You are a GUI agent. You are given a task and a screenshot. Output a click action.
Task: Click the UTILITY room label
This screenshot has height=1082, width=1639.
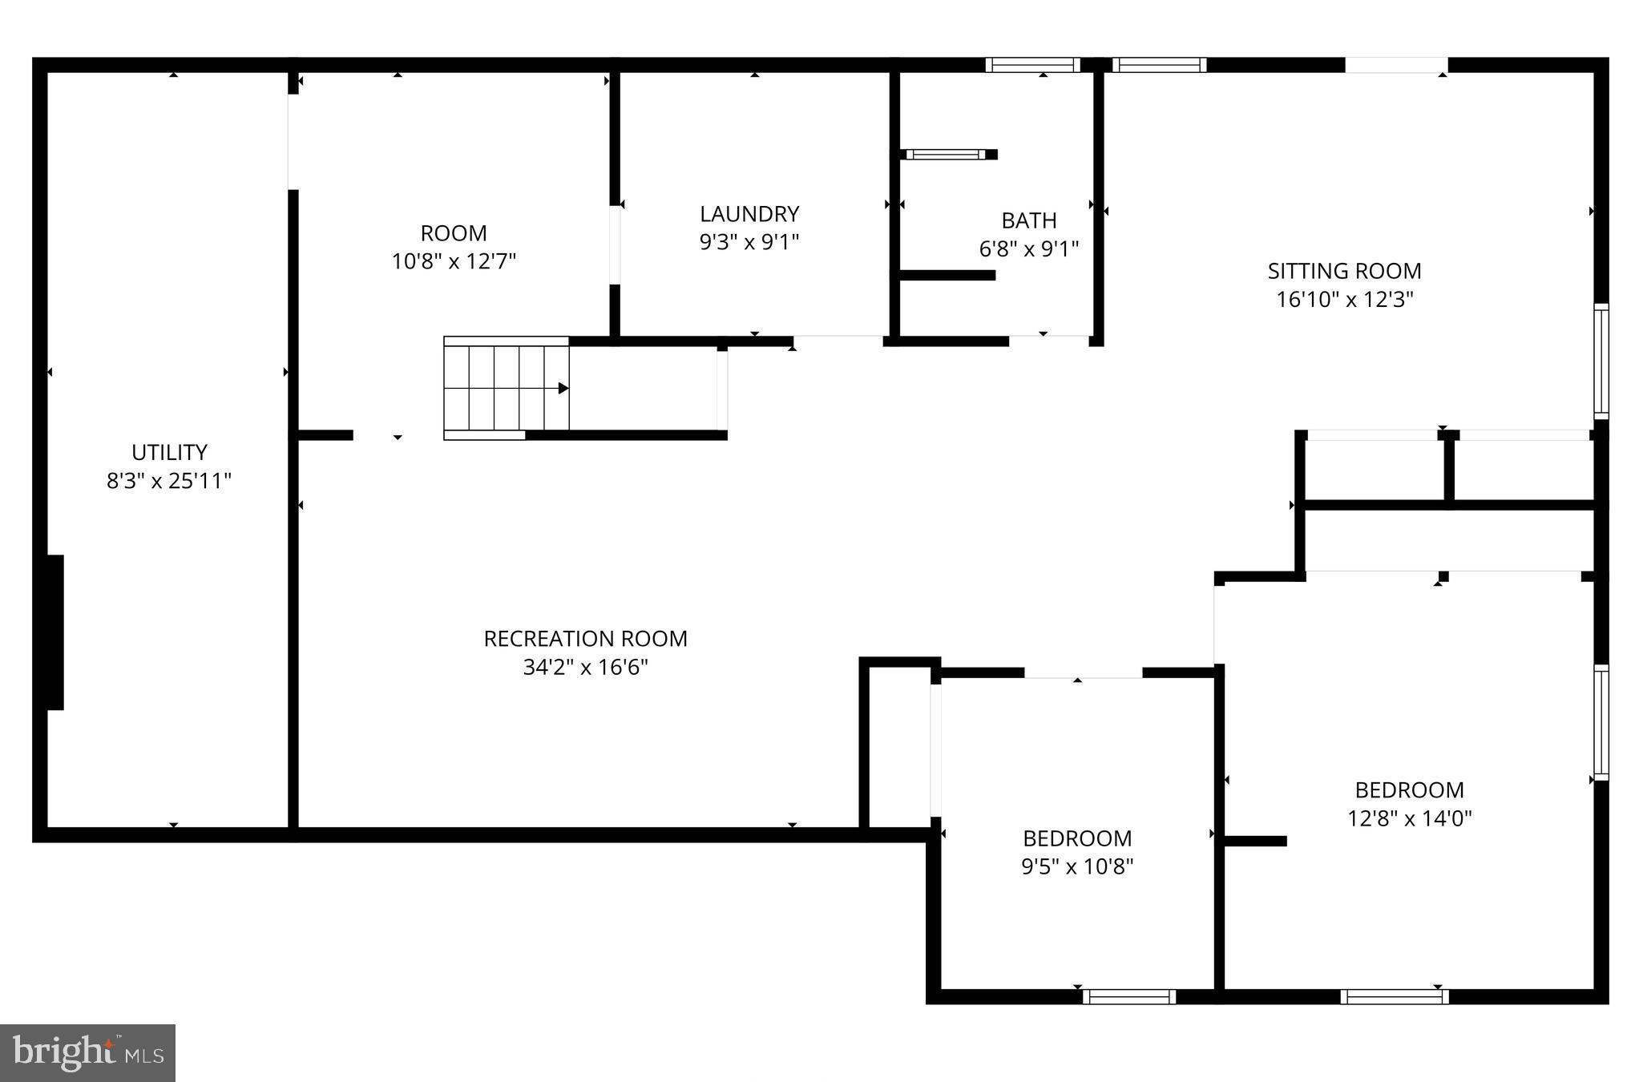(169, 452)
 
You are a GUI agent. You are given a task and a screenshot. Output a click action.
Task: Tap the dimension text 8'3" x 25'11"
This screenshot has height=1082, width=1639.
(169, 481)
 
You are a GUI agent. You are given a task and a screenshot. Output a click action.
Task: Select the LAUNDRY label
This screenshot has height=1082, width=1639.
(749, 214)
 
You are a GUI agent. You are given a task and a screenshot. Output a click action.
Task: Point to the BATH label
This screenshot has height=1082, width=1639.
(1029, 220)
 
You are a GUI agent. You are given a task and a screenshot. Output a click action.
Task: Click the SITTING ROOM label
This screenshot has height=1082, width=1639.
(1344, 271)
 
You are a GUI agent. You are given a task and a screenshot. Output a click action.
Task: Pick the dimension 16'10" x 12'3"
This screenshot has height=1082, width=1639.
(1344, 300)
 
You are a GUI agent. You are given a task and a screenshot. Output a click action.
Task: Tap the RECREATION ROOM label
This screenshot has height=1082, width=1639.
(585, 639)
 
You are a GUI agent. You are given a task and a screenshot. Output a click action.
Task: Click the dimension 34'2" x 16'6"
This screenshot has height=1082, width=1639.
(585, 668)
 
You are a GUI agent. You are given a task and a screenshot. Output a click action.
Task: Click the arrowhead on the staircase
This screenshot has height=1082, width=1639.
(563, 389)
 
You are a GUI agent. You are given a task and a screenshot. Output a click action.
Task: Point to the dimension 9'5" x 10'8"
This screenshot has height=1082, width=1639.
(1077, 866)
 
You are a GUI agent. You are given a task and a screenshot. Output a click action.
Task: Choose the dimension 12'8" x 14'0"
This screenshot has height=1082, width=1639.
(1410, 818)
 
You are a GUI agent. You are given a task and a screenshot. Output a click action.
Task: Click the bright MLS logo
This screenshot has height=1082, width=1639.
(87, 1052)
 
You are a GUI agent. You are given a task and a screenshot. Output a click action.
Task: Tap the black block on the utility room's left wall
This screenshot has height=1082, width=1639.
(54, 632)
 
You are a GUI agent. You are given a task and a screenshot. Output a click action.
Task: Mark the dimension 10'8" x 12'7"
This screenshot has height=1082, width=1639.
(454, 261)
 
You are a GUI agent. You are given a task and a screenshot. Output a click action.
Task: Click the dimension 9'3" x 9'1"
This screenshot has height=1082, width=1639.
(749, 242)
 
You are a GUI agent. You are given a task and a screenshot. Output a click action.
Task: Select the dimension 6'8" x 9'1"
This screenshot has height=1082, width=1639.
(1029, 248)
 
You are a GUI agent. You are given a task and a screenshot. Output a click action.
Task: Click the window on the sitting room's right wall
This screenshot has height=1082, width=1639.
(1601, 361)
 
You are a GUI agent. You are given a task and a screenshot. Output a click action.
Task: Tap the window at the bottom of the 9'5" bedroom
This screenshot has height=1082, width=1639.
(1128, 997)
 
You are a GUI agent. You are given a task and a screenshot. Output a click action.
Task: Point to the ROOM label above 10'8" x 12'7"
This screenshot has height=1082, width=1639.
(454, 233)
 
